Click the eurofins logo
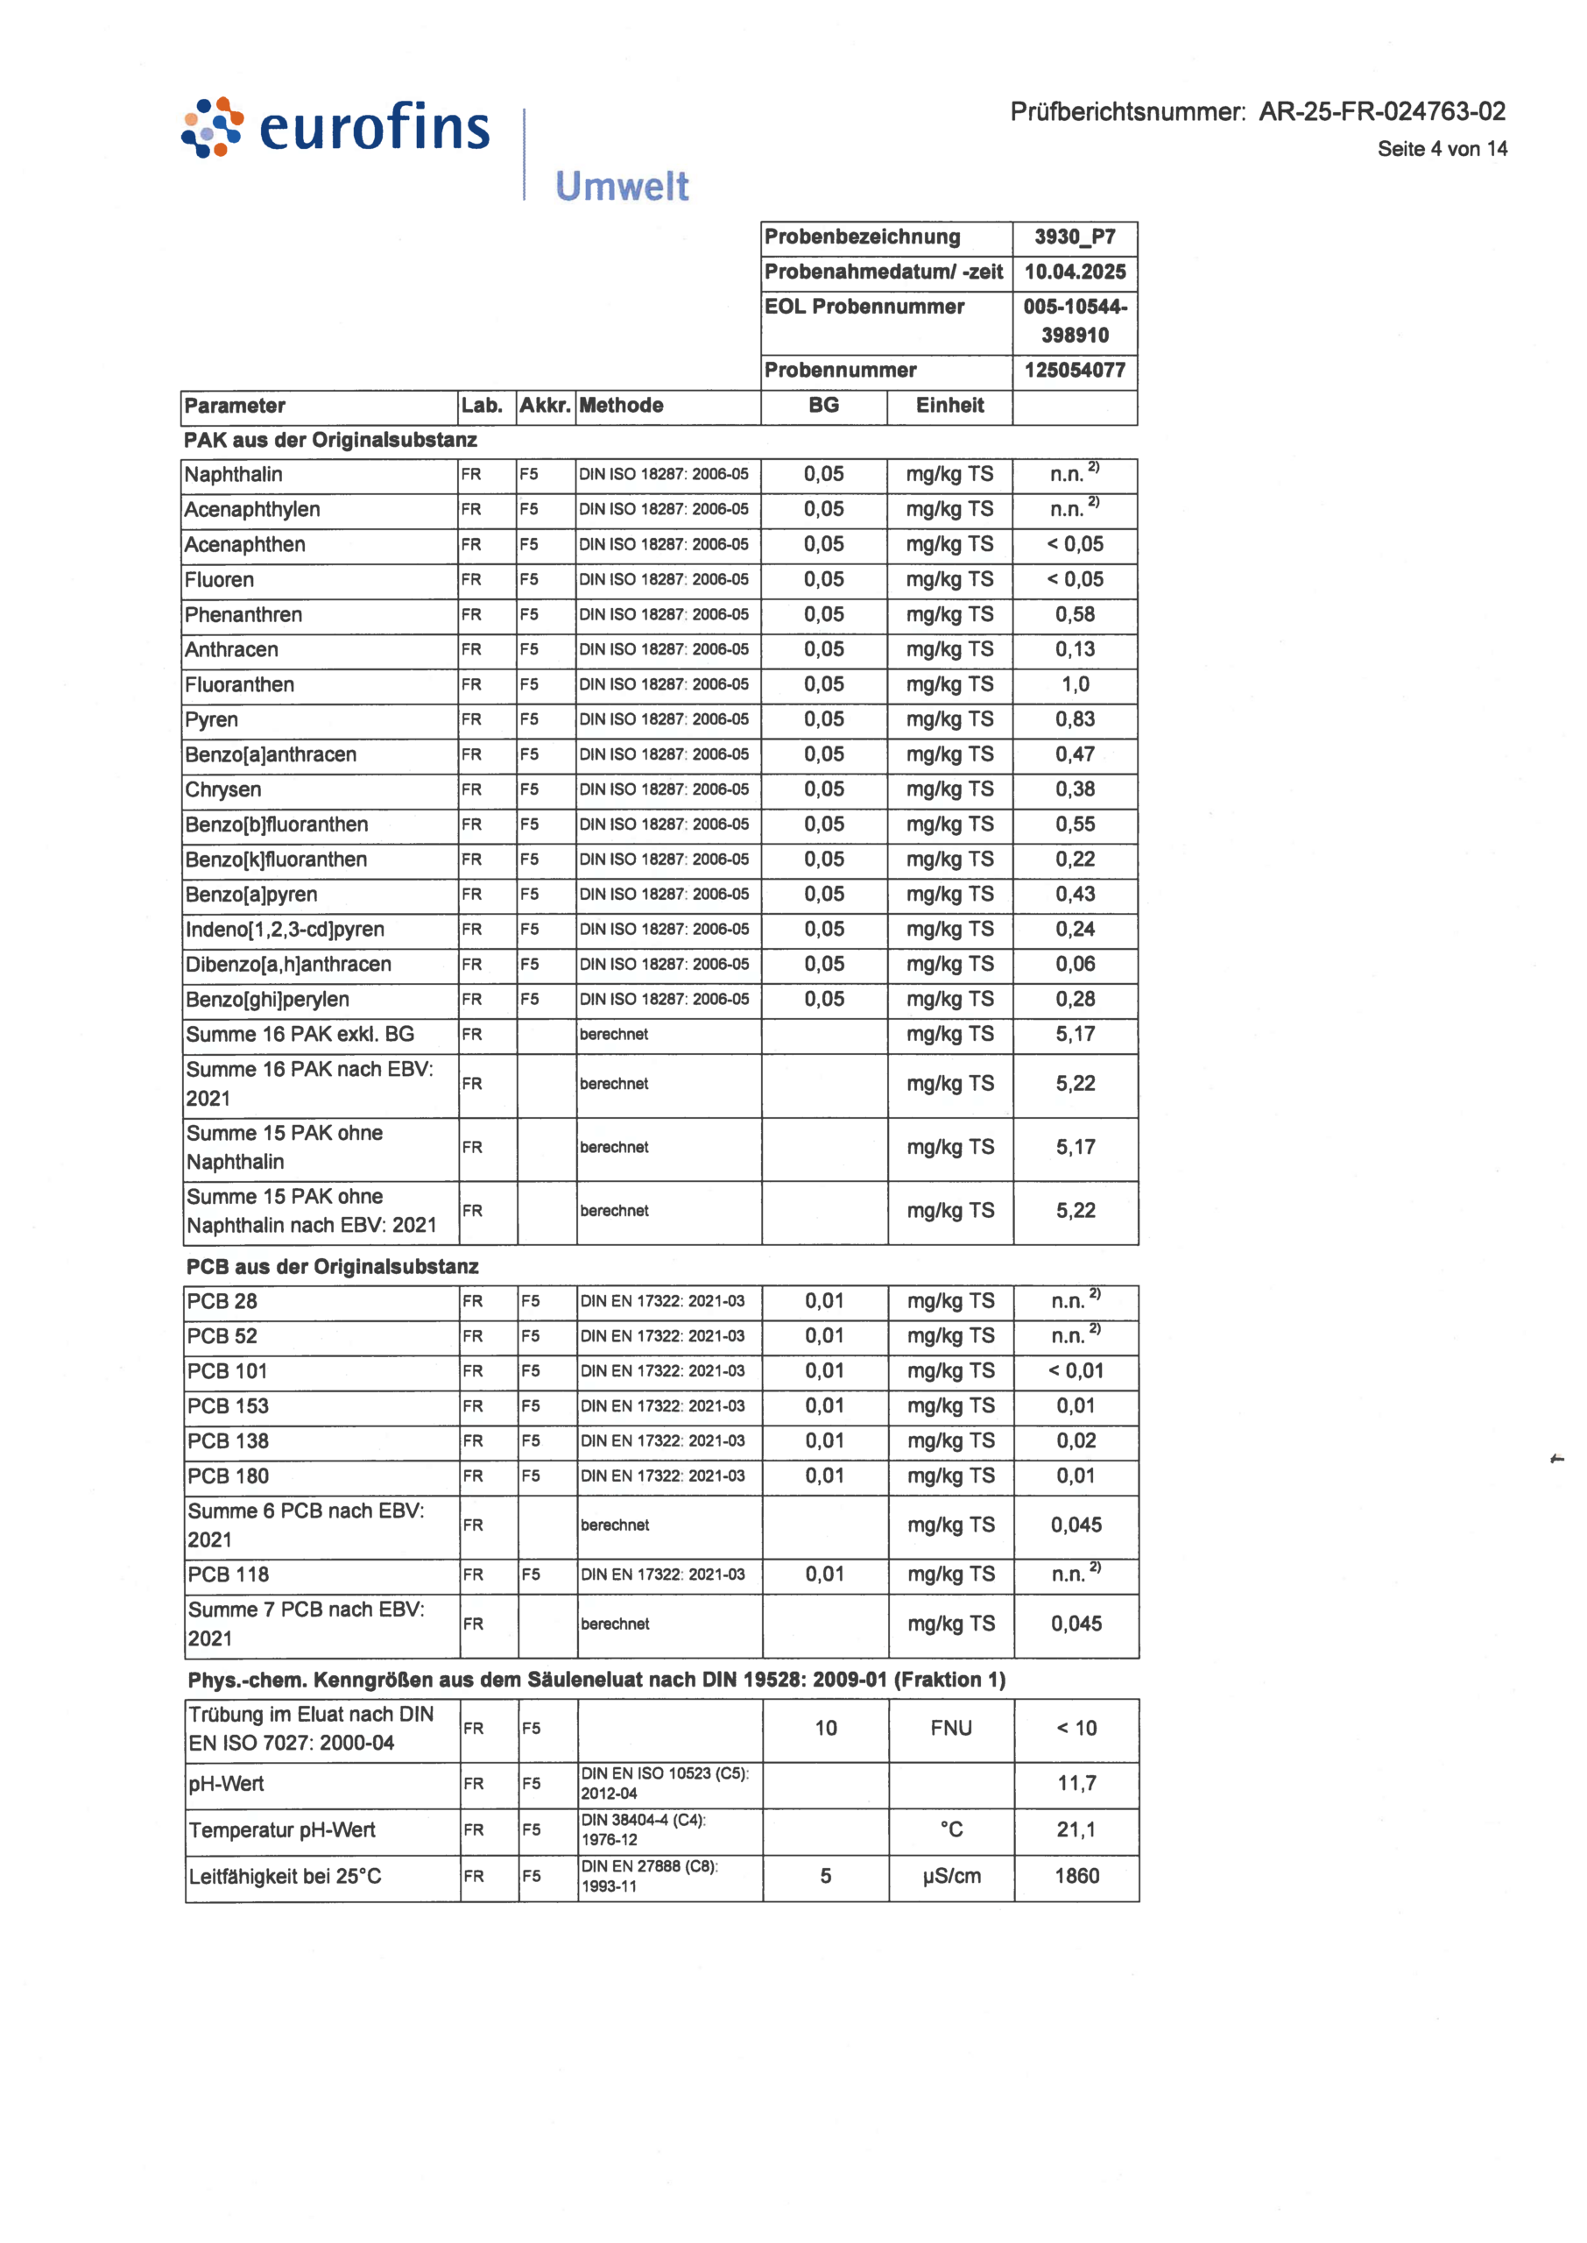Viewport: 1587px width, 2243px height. point(335,128)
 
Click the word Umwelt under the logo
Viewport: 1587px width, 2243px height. point(622,186)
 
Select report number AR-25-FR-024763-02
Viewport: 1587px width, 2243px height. point(1381,111)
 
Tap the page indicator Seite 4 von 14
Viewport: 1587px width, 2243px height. point(1442,149)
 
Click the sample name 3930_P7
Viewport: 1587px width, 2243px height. point(1074,237)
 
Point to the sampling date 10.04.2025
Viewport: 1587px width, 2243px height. point(1074,272)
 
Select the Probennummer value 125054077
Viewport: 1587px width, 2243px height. point(1074,371)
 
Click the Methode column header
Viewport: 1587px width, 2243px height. point(622,406)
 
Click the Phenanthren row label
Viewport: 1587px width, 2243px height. point(243,615)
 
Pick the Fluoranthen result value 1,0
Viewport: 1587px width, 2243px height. point(1075,684)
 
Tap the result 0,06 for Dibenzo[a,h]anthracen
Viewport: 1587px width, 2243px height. point(1075,965)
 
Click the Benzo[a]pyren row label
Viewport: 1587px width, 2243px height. point(251,895)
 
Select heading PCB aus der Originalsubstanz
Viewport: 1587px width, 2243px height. point(332,1267)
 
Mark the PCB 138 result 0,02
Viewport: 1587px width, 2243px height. point(1076,1440)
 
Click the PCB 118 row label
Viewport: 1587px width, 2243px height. point(229,1574)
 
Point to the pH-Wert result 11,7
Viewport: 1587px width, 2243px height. point(1076,1784)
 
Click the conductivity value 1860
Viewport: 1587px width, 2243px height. point(1076,1877)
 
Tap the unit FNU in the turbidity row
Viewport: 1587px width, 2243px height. point(951,1728)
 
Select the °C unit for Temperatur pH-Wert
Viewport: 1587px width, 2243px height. point(951,1829)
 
